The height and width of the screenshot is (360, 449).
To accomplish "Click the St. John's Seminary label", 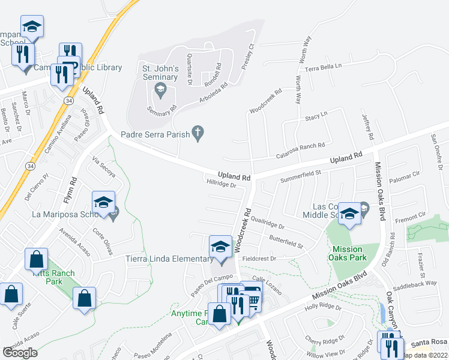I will pos(160,73).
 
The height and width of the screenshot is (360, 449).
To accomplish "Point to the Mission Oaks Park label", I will pos(348,253).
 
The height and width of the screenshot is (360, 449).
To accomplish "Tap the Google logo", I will pos(20,353).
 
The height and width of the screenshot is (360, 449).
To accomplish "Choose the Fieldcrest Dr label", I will pos(258,259).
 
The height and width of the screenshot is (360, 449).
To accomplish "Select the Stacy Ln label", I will pos(316,114).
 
